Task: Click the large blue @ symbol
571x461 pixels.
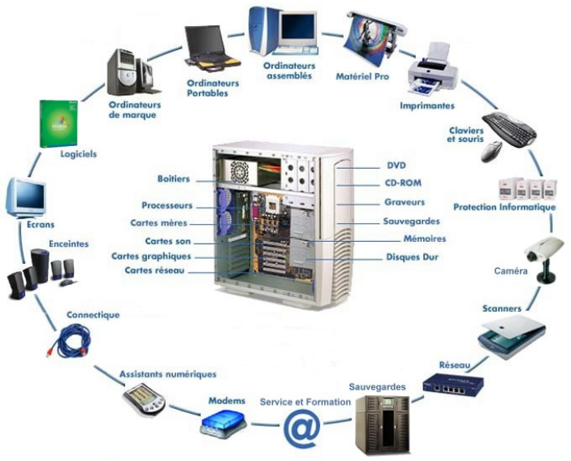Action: (x=301, y=428)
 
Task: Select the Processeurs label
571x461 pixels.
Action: (x=167, y=205)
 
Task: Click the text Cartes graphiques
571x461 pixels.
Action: (x=153, y=256)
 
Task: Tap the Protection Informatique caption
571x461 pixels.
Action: (x=504, y=207)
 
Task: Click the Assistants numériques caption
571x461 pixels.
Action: (x=168, y=374)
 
